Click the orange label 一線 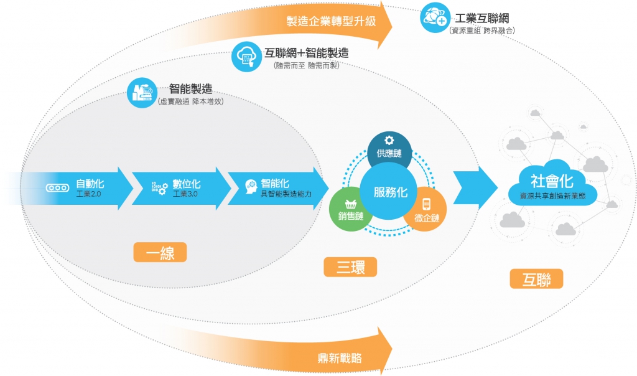pos(160,252)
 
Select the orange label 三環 pos(350,268)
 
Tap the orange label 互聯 pos(536,278)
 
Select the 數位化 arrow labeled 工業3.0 pos(184,188)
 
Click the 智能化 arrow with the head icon pos(280,188)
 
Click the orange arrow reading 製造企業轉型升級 pos(336,22)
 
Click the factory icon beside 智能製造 pos(141,92)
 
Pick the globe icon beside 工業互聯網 pos(434,17)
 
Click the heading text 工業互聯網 pos(481,18)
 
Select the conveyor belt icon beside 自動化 pos(58,187)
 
